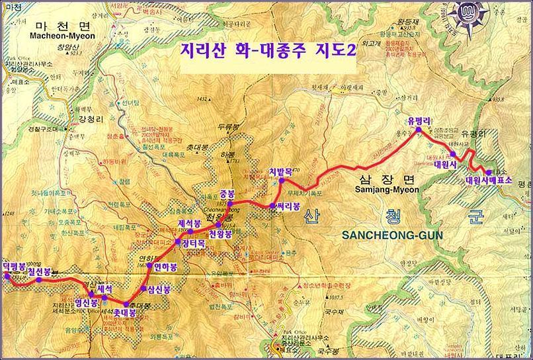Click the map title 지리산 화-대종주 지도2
(x=268, y=52)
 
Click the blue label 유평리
(x=419, y=120)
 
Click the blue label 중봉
(x=227, y=194)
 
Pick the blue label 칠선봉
(x=38, y=271)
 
